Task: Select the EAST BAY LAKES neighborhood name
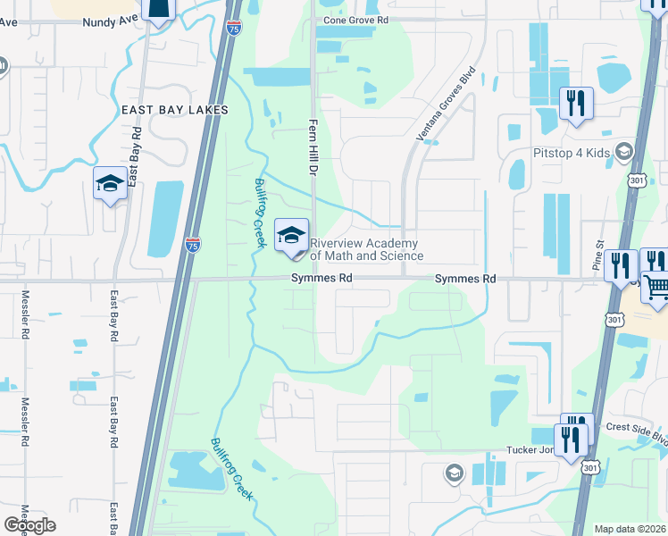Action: [175, 110]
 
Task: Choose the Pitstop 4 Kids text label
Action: [572, 153]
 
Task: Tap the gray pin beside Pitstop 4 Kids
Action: [623, 152]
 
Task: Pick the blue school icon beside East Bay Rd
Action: [110, 185]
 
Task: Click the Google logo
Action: [29, 525]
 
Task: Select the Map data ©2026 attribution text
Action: [630, 529]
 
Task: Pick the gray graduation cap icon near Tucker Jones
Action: [454, 471]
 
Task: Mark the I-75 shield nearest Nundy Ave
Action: [233, 29]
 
